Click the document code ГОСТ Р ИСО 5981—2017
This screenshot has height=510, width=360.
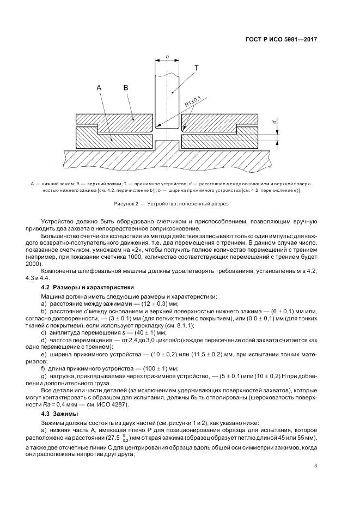click(282, 40)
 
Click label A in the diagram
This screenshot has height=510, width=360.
click(99, 87)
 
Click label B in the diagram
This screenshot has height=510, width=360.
click(125, 87)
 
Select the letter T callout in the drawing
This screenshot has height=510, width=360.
click(197, 68)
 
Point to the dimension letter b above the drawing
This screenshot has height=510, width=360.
click(167, 56)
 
